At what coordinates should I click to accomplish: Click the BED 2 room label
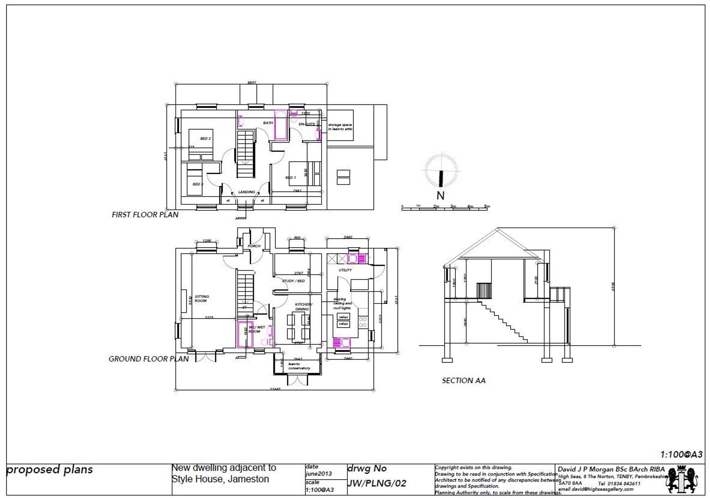206,138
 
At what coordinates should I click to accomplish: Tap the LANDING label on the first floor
246,192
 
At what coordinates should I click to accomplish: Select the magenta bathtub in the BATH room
280,125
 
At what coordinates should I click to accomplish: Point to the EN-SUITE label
307,124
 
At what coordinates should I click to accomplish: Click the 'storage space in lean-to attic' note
340,127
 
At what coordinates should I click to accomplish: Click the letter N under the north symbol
440,196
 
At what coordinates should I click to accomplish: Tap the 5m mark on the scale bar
487,206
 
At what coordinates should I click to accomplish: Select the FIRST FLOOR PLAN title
145,215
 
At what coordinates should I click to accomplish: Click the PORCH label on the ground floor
254,246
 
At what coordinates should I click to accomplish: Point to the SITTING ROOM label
202,299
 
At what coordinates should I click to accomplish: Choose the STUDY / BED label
293,281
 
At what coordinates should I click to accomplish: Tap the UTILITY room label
345,270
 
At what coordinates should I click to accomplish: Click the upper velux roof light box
343,317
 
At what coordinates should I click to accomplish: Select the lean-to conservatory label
299,366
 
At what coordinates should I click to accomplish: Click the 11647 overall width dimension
275,389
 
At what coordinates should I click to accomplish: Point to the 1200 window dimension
207,241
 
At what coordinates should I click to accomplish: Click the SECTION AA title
463,380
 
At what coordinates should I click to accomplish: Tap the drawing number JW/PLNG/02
376,483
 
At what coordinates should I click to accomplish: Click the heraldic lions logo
681,480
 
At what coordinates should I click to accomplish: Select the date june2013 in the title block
318,474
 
